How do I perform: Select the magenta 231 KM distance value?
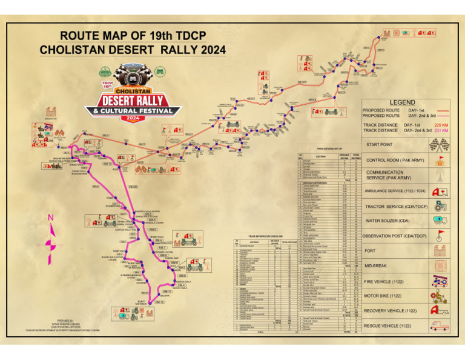pos(440,130)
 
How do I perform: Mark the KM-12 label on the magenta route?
pos(159,302)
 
